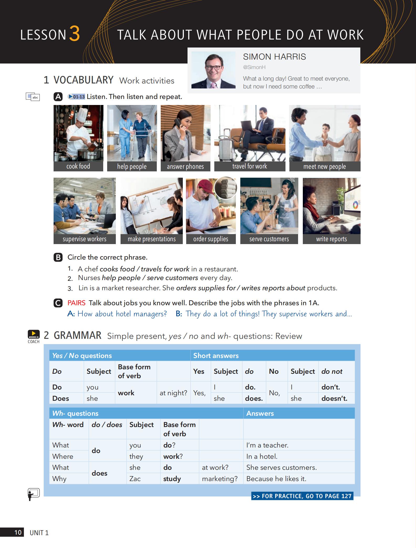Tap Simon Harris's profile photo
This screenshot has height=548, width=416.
tap(213, 70)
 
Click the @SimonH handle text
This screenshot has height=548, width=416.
tap(254, 67)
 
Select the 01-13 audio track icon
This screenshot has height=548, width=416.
tap(76, 97)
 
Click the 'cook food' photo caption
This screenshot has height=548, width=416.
tap(78, 166)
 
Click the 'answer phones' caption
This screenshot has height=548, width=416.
tap(185, 167)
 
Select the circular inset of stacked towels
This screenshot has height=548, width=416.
tap(226, 187)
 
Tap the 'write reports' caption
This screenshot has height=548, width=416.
tap(331, 239)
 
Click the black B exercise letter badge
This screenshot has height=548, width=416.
tap(58, 257)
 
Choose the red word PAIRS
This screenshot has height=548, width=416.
tap(76, 303)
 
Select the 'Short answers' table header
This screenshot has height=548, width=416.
tap(216, 356)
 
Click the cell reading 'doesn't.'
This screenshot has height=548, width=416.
tap(334, 398)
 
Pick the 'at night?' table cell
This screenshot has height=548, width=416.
tap(173, 393)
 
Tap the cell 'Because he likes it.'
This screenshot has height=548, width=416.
tap(276, 479)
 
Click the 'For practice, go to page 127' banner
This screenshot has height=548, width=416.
tap(302, 496)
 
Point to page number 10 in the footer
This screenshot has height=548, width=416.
tap(18, 533)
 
